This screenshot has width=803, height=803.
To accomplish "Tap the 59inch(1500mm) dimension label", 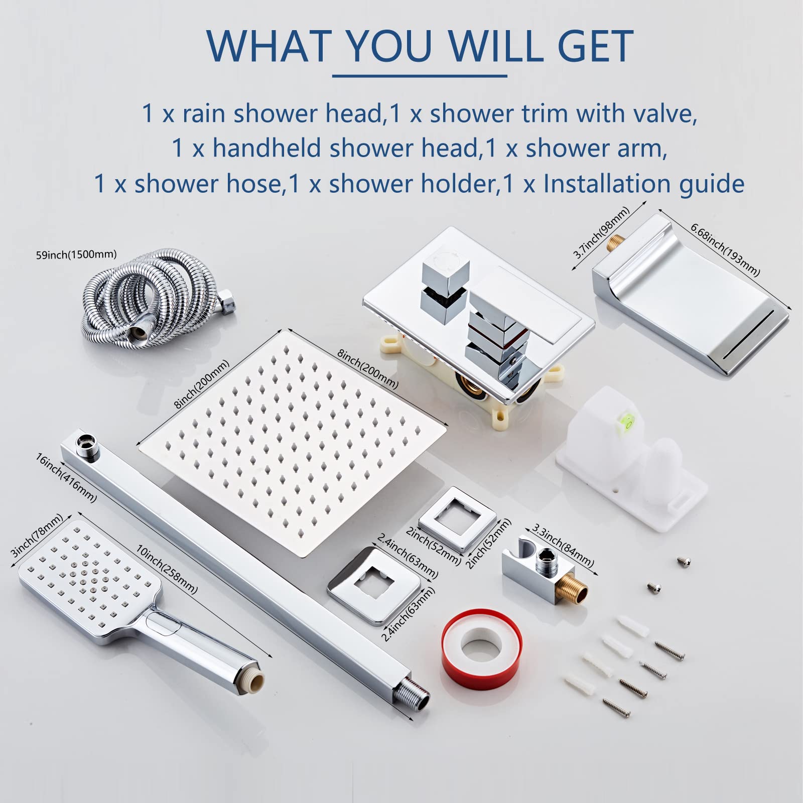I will (x=76, y=254).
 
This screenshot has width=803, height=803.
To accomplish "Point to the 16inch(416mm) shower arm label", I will (x=65, y=478).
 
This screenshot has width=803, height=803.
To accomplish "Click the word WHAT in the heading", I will (x=270, y=46).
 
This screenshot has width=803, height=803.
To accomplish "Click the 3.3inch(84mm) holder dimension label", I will (x=563, y=547).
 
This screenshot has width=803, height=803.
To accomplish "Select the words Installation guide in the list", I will (x=643, y=184).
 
